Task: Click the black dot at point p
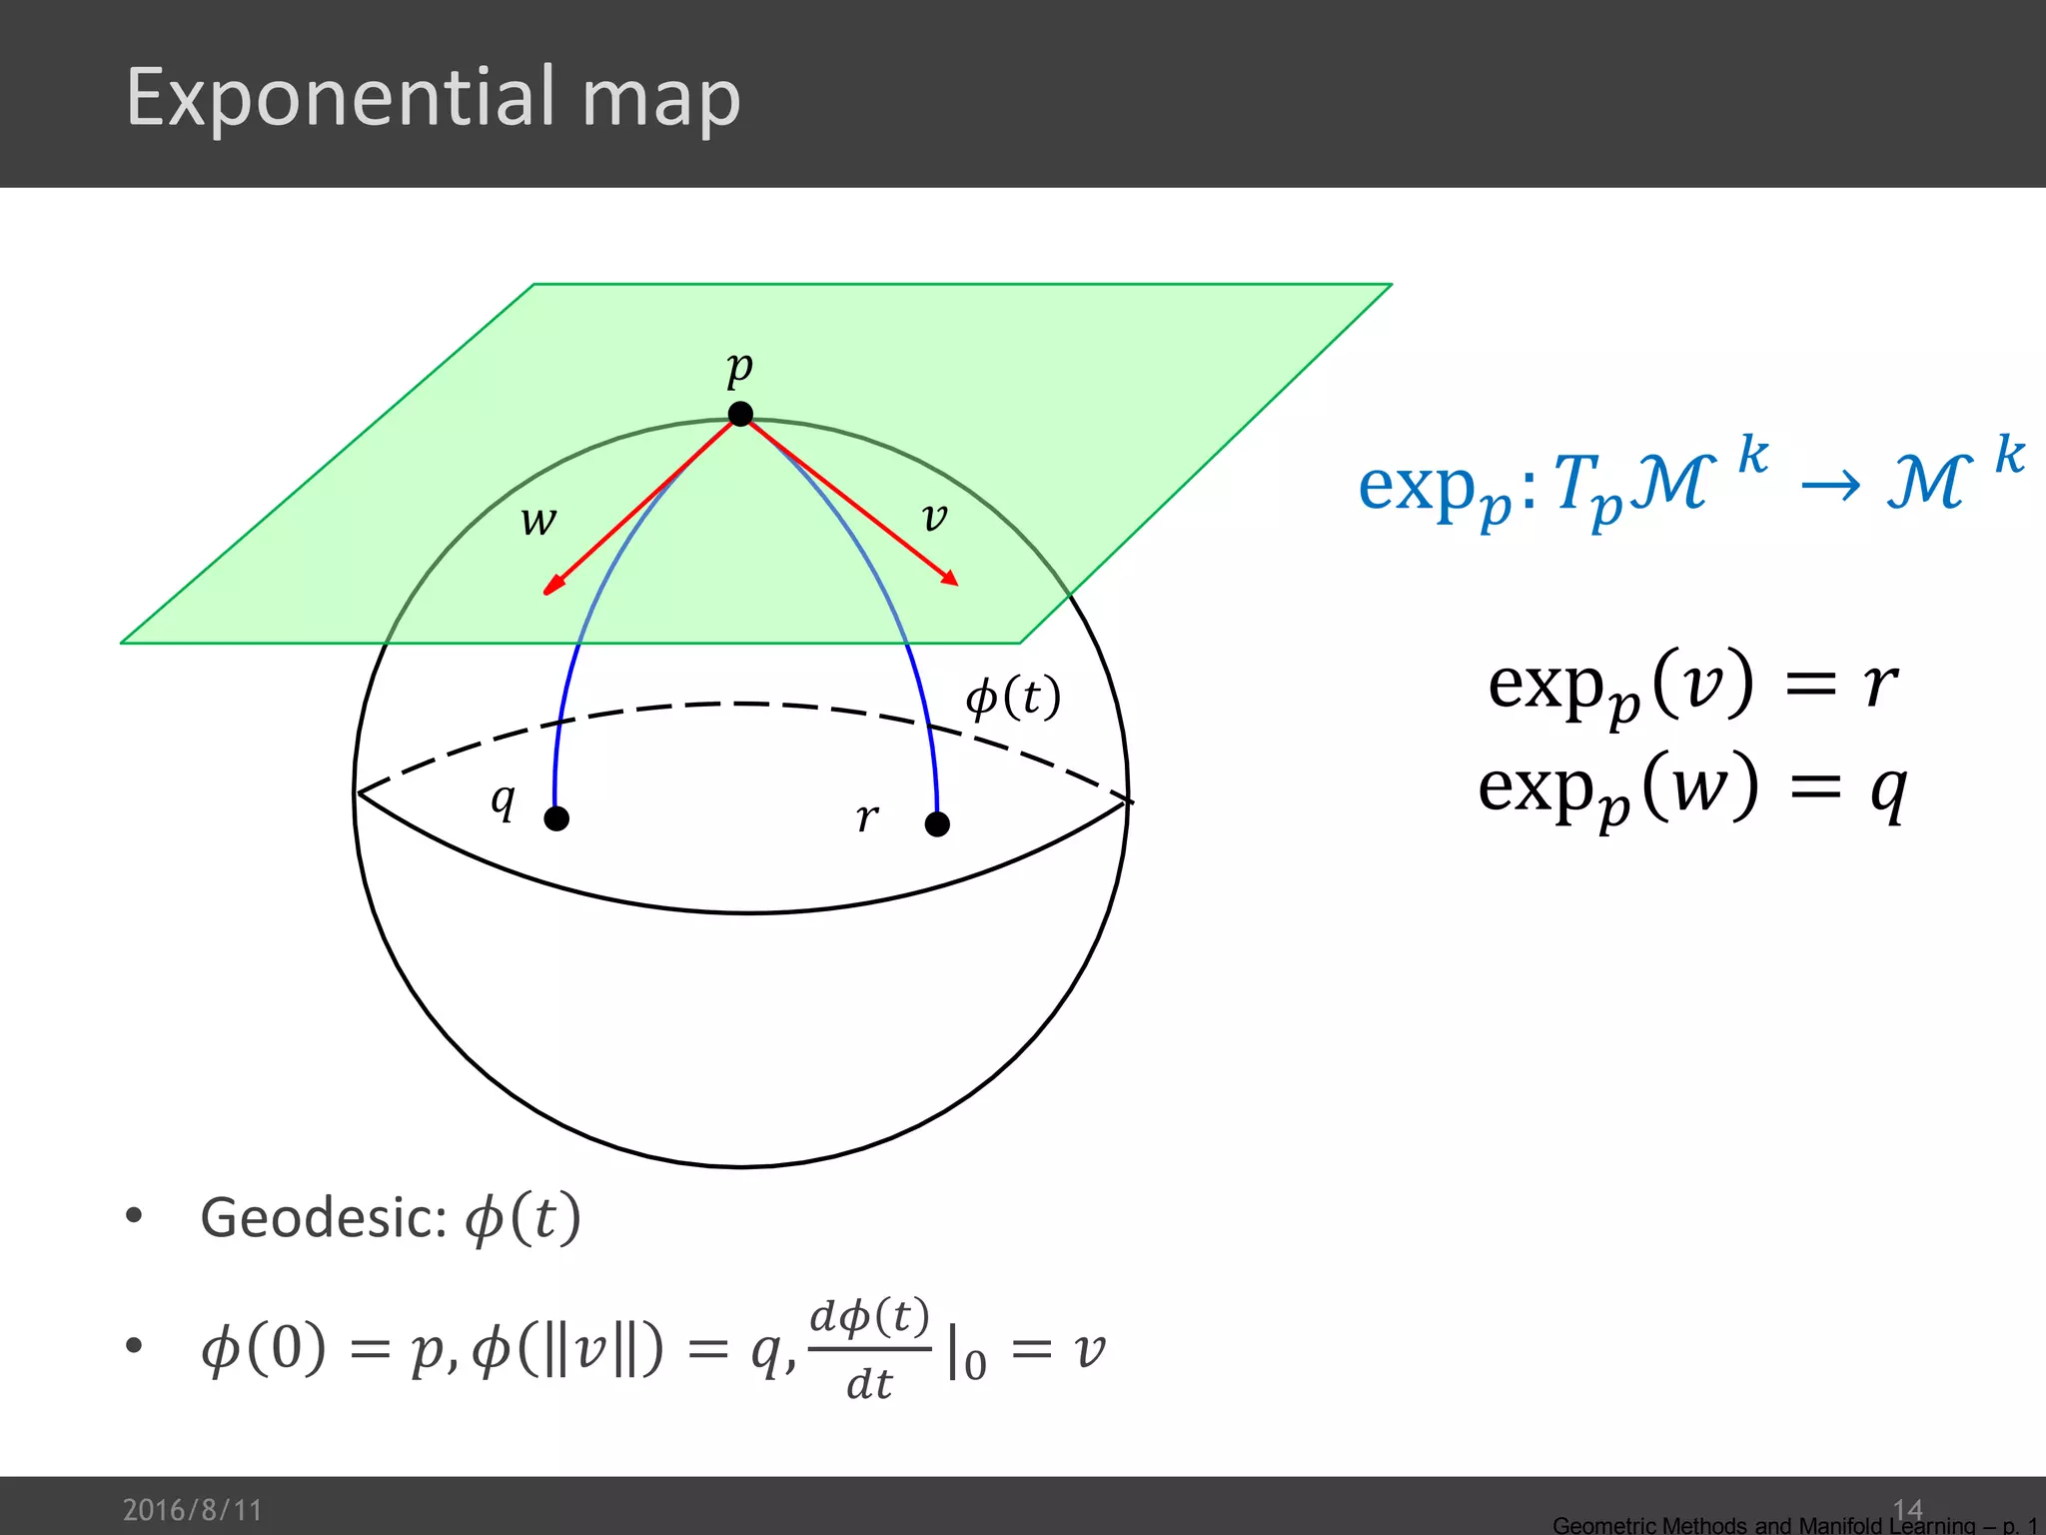pos(740,414)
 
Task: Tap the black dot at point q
pos(556,818)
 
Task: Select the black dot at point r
pos(937,824)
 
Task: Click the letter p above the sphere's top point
pos(739,368)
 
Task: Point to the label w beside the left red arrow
pos(538,521)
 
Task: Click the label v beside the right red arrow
pos(934,517)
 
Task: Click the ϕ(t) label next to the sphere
pos(1012,697)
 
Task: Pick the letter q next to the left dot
pos(504,799)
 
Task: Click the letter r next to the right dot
pos(867,817)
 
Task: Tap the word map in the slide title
pos(660,100)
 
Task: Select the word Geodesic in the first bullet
pos(322,1218)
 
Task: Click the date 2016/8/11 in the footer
pos(192,1509)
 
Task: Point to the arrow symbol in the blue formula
pos(1830,487)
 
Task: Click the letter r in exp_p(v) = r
pos(1880,685)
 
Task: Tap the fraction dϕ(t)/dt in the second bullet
pos(869,1349)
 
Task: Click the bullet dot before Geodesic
pos(134,1216)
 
